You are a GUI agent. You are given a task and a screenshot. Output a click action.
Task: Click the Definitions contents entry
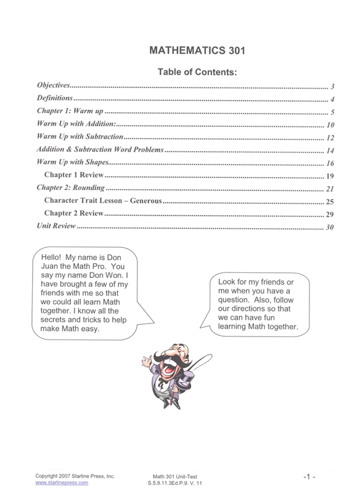pos(55,99)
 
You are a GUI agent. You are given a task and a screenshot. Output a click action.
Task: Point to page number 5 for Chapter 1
pos(332,112)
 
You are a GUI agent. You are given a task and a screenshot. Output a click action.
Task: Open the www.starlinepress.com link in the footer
pos(61,483)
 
